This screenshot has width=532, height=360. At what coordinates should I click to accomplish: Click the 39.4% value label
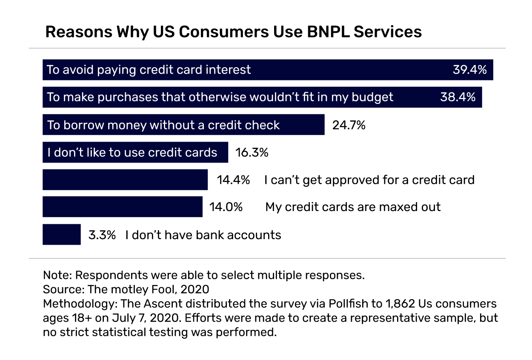tap(469, 70)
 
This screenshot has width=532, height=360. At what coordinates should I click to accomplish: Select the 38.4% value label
tap(458, 97)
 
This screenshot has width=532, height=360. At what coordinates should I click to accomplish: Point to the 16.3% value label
tap(252, 153)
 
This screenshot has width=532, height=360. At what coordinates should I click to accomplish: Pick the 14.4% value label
tap(233, 180)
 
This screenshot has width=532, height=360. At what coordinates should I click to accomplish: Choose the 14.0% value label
tap(226, 207)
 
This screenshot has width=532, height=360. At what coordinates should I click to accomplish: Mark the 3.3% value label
tap(102, 235)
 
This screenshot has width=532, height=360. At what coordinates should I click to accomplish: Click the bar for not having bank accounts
tap(62, 235)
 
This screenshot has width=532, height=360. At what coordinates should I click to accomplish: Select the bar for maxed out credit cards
tap(123, 207)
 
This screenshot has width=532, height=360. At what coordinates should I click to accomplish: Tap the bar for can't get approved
tap(125, 180)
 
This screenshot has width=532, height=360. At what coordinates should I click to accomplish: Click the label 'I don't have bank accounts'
tap(203, 235)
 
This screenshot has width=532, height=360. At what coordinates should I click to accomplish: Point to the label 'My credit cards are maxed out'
tap(353, 207)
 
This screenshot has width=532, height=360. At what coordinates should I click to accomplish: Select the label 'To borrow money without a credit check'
tap(163, 125)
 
